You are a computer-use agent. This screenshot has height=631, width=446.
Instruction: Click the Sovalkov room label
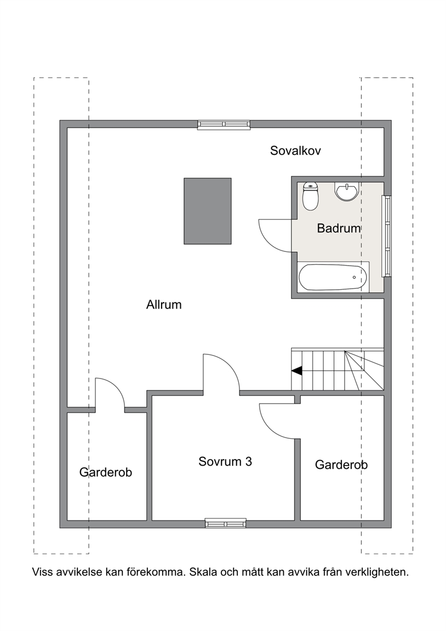[295, 151]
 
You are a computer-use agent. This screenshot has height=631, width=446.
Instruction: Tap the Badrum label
[339, 228]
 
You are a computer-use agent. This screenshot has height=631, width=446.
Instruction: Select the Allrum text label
[164, 305]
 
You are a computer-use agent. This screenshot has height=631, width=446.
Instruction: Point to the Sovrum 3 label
[225, 461]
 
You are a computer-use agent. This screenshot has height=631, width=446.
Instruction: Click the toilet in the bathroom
[310, 196]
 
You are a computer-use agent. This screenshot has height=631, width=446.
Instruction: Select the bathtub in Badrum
[333, 277]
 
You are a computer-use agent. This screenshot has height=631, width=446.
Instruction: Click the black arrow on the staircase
[297, 371]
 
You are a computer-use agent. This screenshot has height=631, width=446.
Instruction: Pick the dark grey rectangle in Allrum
[208, 211]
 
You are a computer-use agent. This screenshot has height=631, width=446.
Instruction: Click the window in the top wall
[224, 124]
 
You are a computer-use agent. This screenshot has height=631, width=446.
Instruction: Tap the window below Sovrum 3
[225, 523]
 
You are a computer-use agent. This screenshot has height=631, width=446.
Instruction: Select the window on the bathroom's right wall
[386, 236]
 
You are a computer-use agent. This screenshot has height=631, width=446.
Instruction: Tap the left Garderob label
[105, 472]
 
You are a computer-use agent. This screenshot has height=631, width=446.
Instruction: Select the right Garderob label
[341, 465]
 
